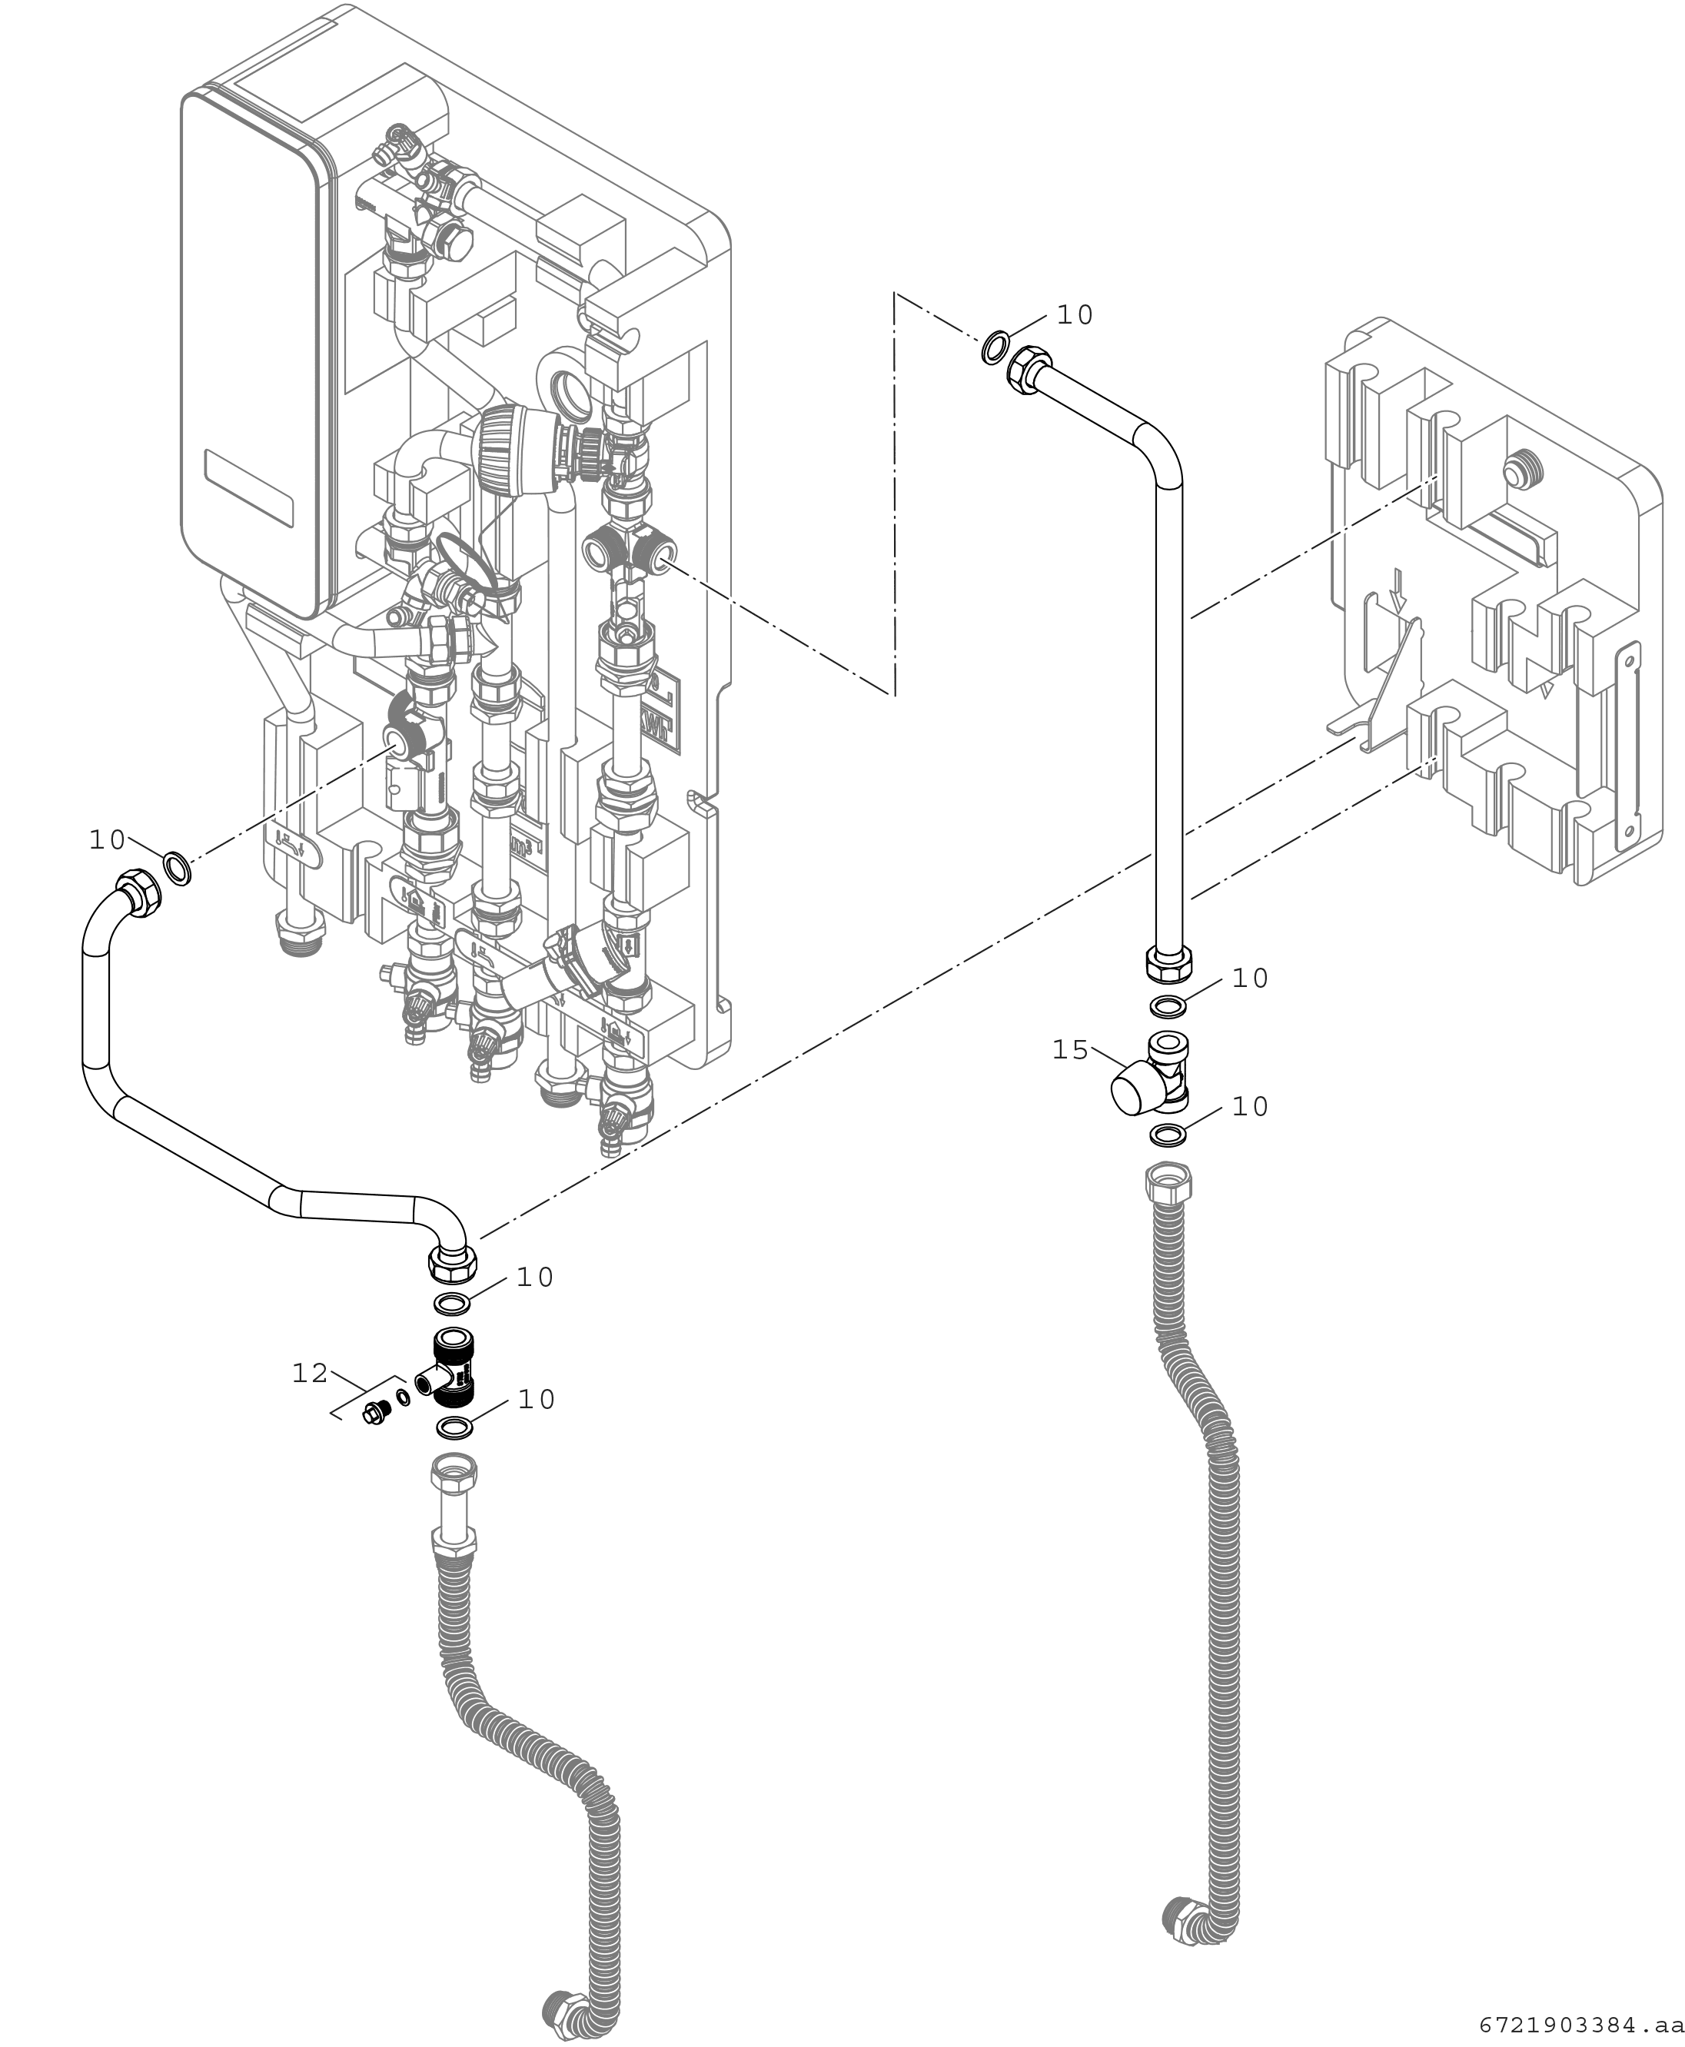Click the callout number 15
tap(1071, 1050)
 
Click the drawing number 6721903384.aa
tap(1581, 2025)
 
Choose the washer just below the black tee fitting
tap(455, 1427)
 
